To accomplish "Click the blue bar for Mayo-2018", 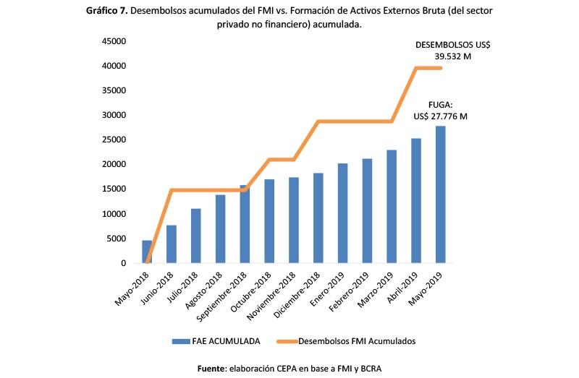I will point(147,252).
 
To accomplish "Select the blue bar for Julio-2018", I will point(195,236).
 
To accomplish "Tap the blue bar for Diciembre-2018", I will point(318,218).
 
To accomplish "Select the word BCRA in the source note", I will point(366,369).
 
